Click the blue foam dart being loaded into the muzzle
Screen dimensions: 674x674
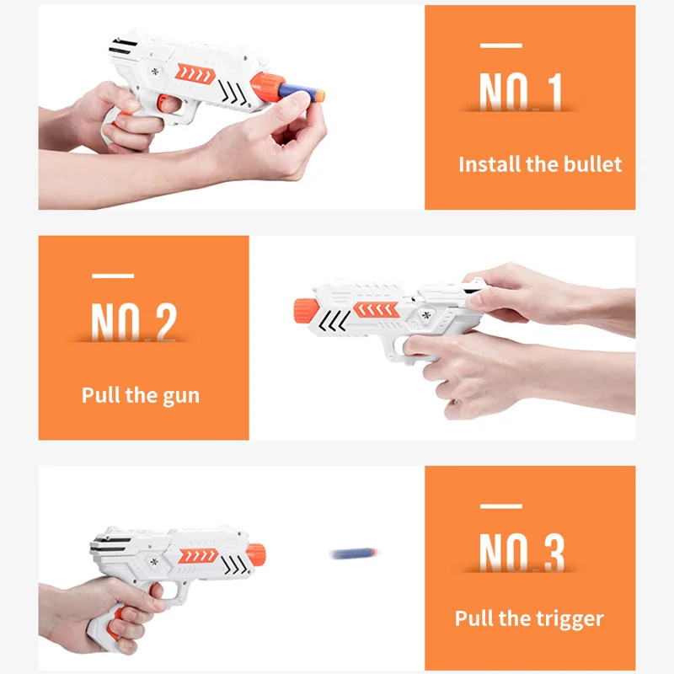pos(302,93)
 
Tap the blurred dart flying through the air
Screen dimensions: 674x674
pos(354,554)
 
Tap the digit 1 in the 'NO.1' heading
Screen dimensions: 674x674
pos(555,92)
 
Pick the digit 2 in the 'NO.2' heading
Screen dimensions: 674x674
pos(166,322)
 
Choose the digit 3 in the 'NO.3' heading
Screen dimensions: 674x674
pos(554,553)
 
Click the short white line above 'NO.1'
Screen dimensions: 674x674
pos(500,45)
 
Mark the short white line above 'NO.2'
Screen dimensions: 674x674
pos(113,276)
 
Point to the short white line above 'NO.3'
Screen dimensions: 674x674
pos(500,506)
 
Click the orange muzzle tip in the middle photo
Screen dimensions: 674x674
pos(306,310)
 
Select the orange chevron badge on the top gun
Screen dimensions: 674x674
pos(195,74)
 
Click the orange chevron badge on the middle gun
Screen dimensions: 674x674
pos(377,309)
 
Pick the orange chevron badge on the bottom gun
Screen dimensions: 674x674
pos(198,556)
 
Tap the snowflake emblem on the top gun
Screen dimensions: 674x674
pos(155,72)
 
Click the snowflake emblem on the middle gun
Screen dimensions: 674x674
pos(426,315)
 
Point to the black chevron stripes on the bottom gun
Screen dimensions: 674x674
pos(235,564)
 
